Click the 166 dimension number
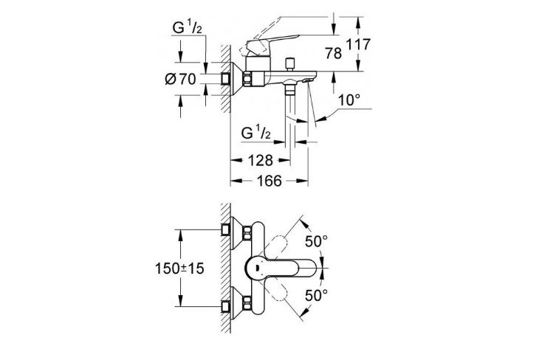[269, 181]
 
